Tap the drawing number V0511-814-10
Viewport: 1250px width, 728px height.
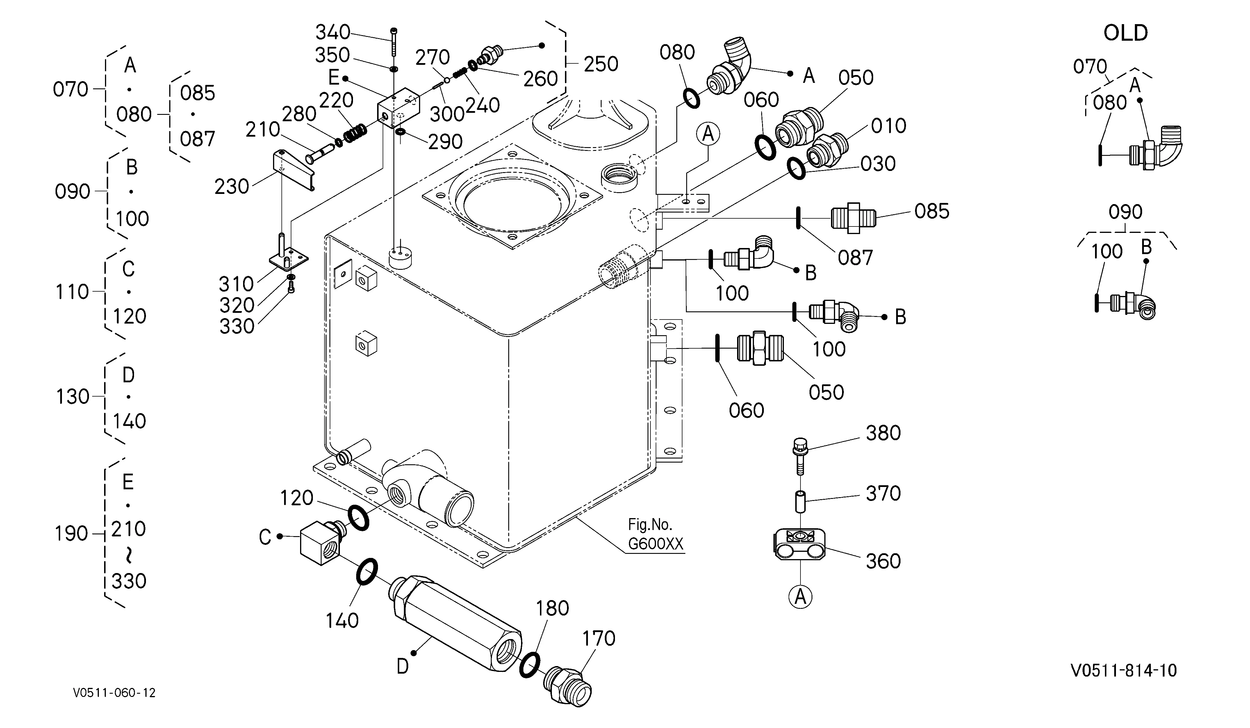[x=1124, y=670]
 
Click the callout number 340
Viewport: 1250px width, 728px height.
[x=333, y=33]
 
